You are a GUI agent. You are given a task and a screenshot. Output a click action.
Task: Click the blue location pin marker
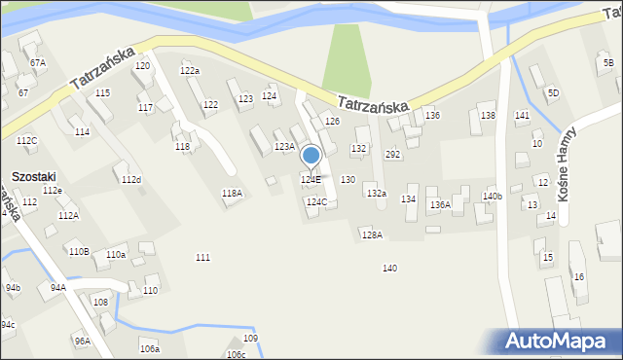point(311,157)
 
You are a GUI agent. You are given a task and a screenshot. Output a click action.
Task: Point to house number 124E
point(311,180)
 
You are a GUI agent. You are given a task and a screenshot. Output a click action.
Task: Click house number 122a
point(190,70)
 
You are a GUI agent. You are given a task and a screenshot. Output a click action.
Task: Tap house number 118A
point(232,194)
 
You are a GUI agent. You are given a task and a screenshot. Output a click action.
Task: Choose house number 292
point(393,155)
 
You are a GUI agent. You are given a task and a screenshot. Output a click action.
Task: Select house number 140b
point(493,197)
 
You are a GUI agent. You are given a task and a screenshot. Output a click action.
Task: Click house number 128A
point(372,234)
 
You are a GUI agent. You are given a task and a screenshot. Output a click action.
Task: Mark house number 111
point(202,257)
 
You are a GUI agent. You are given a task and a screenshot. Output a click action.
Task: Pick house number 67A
point(38,62)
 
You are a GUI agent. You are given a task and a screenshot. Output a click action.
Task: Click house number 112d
point(130,180)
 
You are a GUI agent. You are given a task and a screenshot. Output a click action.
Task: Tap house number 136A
point(440,204)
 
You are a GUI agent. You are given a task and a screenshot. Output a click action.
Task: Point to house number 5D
point(553,92)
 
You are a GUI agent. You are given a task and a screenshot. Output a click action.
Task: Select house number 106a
point(149,348)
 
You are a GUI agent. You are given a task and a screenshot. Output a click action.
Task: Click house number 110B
point(79,251)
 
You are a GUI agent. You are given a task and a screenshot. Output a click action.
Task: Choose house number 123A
point(284,147)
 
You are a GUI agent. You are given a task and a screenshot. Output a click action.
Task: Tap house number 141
point(522,116)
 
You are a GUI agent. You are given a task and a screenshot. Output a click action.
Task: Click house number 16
point(578,277)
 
